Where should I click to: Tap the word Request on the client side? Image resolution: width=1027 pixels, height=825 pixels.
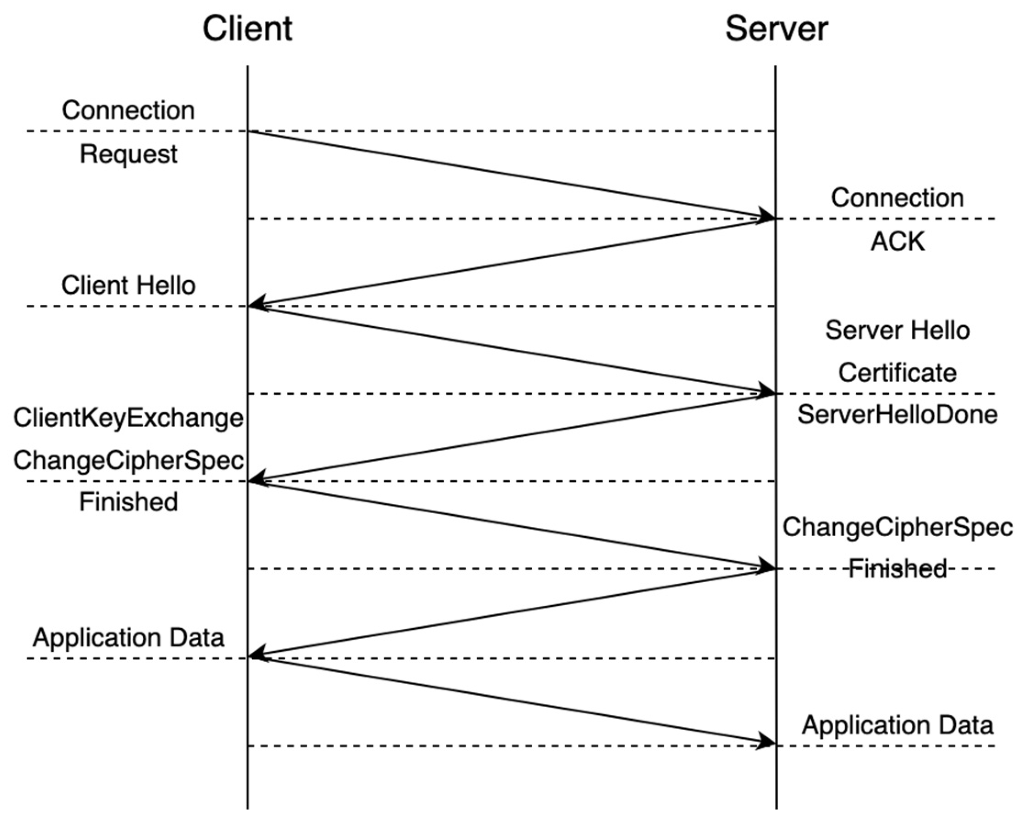(128, 154)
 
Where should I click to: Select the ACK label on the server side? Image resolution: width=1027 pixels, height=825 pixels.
(897, 241)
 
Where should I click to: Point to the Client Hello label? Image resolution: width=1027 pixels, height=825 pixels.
(128, 285)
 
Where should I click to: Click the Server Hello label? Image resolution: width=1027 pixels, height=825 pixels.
(897, 330)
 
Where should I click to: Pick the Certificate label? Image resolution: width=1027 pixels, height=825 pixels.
(897, 373)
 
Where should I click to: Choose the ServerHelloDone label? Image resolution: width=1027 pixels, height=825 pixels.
(897, 415)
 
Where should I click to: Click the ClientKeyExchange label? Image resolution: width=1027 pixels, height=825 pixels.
(128, 418)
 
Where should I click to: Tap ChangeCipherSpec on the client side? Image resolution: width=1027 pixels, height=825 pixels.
(128, 461)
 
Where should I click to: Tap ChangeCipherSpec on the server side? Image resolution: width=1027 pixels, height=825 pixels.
(897, 527)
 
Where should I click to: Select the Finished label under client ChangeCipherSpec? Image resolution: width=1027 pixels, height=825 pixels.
(128, 502)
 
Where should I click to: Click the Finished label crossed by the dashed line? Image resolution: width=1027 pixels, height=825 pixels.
(897, 569)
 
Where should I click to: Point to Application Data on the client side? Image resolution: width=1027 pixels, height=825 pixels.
(128, 638)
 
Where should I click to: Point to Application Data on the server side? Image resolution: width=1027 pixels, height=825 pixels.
(897, 725)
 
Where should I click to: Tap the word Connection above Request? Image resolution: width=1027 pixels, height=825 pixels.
(128, 110)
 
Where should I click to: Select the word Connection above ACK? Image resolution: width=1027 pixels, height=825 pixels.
(897, 198)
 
